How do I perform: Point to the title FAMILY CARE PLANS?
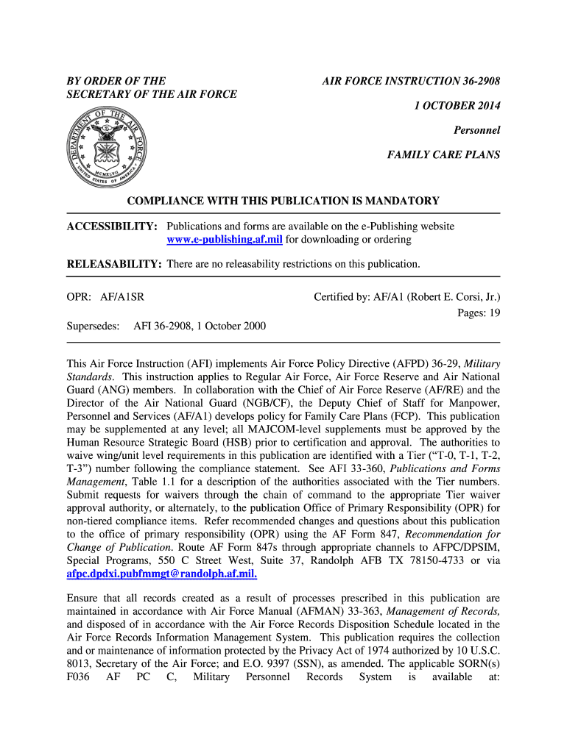coord(443,155)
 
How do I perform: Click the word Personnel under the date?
coord(476,130)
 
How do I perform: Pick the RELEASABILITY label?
coord(114,264)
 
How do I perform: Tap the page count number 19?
coord(494,313)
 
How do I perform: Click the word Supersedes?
coord(93,326)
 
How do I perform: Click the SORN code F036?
coord(78,677)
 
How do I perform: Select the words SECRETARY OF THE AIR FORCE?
coord(152,94)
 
